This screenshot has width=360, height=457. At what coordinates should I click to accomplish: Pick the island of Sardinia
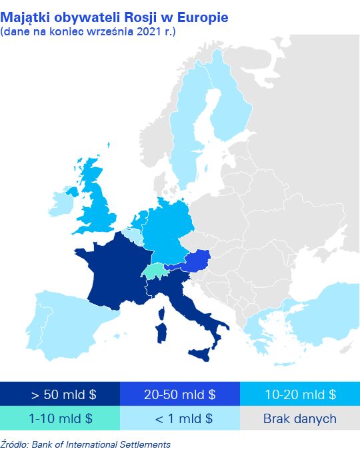coord(162,331)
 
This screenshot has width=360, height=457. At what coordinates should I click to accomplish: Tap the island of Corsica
coord(161,311)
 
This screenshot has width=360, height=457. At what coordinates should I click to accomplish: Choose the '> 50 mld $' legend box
coord(60,394)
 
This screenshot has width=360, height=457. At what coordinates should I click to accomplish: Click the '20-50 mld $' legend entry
coord(180,394)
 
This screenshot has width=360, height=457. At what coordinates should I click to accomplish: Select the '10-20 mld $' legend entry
coord(300,394)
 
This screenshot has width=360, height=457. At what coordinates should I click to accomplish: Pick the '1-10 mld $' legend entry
coord(60,419)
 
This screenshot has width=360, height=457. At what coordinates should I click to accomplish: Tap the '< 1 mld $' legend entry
coord(180,419)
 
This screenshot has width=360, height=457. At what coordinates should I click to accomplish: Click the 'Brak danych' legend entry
coord(300,419)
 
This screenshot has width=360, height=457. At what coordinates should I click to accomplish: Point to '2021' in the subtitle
coord(149,31)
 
